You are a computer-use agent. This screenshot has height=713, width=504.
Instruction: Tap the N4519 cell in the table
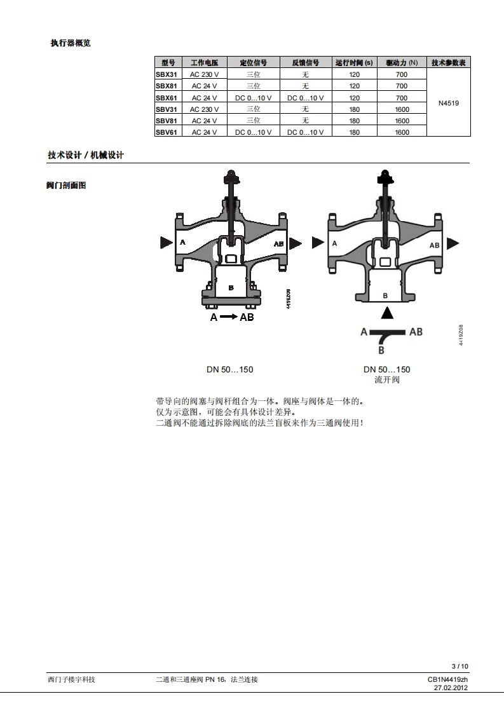click(x=449, y=103)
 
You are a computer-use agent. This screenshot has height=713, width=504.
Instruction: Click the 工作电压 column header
click(x=205, y=63)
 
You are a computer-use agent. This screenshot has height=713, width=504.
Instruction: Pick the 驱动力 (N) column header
click(x=402, y=63)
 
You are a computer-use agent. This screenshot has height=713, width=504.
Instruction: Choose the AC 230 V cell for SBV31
click(x=205, y=109)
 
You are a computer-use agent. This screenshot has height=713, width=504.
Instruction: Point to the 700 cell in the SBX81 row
click(x=402, y=86)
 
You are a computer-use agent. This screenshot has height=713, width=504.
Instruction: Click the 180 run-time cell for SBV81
click(x=354, y=121)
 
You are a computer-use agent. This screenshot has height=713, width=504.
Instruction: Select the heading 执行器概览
click(x=71, y=43)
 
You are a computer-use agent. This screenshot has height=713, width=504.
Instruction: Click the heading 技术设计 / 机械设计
click(x=86, y=155)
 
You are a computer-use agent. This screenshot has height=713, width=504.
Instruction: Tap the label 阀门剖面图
click(x=66, y=186)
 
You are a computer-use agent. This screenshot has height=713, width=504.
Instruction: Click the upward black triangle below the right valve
click(x=386, y=312)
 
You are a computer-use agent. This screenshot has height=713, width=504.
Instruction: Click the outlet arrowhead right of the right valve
click(x=453, y=243)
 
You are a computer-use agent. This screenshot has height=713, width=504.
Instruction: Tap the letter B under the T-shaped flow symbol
click(x=381, y=350)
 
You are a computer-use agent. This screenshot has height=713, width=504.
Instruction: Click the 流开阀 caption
click(x=387, y=380)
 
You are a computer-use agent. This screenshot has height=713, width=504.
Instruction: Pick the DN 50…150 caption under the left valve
click(x=229, y=369)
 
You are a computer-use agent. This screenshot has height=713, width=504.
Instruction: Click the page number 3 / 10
click(x=460, y=666)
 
